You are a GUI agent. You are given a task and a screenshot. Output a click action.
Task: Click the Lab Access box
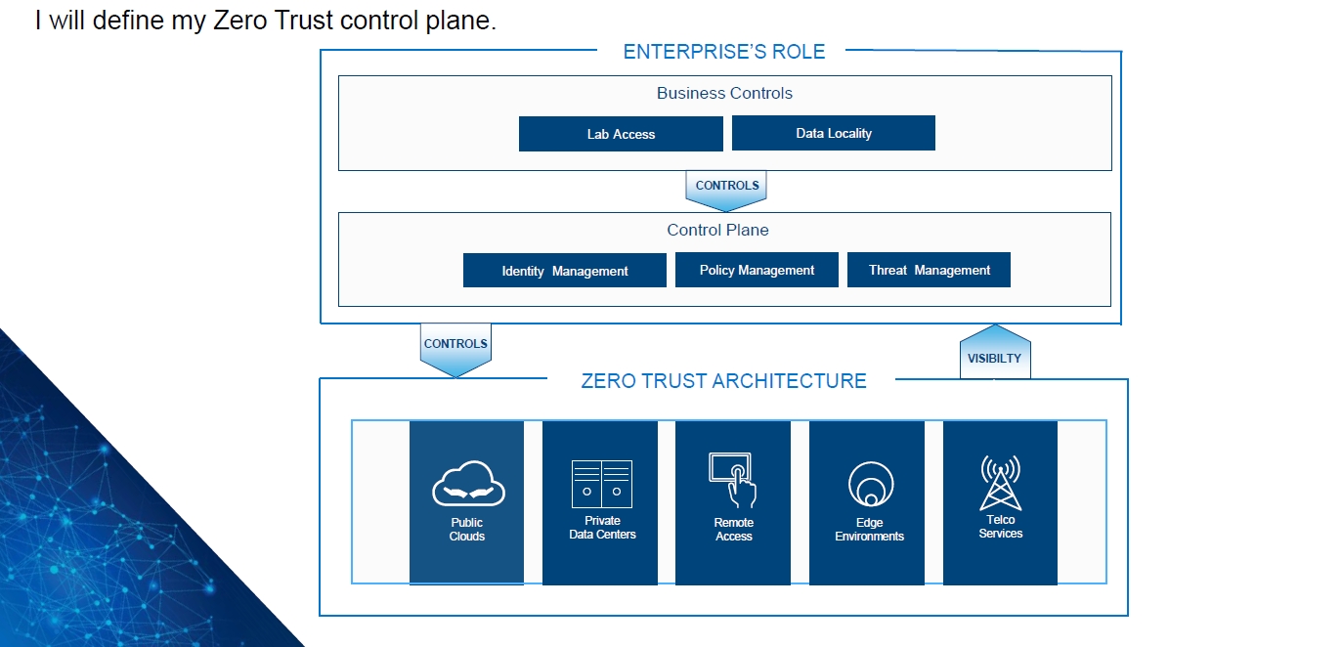621,134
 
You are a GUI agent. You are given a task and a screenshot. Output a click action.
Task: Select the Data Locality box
834,133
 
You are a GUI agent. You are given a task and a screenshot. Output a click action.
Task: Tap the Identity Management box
564,270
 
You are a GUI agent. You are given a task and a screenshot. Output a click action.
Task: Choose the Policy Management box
757,270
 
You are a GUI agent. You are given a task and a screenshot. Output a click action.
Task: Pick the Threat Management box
929,270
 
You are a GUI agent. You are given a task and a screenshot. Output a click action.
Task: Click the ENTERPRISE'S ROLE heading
723,52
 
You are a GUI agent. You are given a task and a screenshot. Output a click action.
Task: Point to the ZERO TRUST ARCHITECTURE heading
723,381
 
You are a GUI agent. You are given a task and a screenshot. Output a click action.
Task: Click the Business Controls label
724,93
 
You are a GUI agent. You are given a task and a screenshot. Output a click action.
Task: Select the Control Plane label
717,230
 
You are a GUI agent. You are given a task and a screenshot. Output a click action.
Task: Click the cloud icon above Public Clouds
468,484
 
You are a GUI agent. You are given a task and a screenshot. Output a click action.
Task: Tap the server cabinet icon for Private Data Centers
602,484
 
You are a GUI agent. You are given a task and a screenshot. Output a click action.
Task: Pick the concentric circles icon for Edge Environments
871,484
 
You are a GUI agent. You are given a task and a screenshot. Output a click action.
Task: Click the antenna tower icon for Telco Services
1000,482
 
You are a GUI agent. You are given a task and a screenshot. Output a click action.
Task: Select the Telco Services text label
1001,527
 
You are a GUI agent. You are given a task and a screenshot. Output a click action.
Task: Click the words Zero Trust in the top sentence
274,21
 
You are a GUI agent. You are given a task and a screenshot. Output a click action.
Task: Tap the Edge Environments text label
869,530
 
